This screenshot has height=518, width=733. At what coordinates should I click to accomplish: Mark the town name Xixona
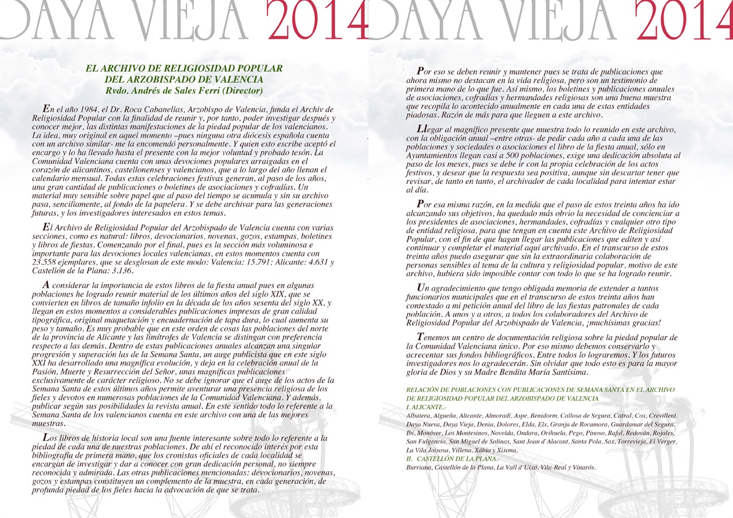pyautogui.click(x=505, y=450)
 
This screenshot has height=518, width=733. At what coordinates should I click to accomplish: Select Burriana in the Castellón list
pyautogui.click(x=421, y=468)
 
